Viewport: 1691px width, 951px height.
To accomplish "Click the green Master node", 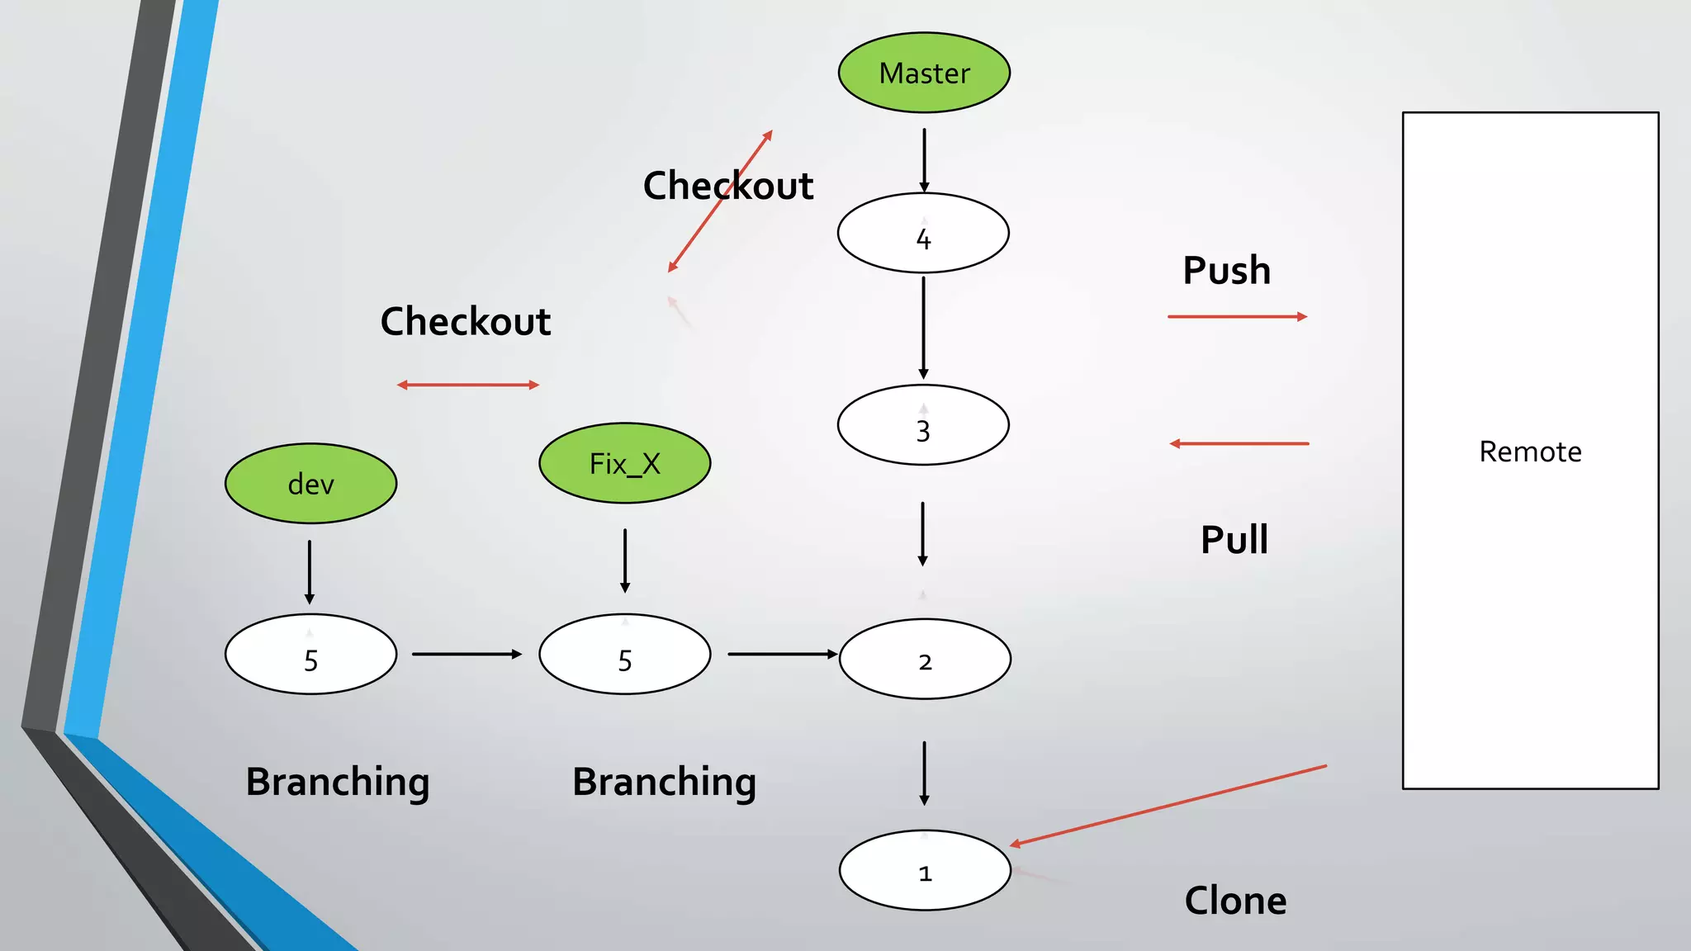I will tap(924, 73).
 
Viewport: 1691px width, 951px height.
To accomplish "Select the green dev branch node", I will tap(310, 484).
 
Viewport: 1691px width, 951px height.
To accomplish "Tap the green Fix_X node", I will tap(624, 463).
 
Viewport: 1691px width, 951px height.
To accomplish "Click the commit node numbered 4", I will tap(923, 234).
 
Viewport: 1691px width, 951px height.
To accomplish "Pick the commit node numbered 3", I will tap(923, 425).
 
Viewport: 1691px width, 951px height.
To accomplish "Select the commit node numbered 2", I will tap(925, 660).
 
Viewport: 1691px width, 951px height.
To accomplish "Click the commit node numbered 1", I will tap(925, 870).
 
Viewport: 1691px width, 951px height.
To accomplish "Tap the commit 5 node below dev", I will tap(310, 655).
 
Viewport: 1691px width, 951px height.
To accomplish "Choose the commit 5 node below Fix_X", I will tap(624, 655).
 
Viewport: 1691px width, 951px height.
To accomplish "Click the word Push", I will tap(1226, 271).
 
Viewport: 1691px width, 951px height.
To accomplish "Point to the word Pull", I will tap(1234, 540).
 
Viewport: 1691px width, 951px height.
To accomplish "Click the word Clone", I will tap(1235, 901).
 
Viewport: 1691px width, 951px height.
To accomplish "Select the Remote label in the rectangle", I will tap(1530, 452).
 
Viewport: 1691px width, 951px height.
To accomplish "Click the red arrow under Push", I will tap(1237, 316).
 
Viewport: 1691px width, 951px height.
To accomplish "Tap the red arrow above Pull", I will tap(1239, 443).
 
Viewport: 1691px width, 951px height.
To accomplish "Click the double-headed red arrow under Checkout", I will tap(467, 385).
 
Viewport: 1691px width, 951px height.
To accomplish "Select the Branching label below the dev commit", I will tap(338, 782).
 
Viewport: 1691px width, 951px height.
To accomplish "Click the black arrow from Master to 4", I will tap(924, 159).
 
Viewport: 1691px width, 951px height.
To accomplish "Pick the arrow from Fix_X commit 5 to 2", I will tap(781, 654).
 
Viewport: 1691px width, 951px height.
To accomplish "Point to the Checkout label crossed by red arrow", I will tap(728, 186).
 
